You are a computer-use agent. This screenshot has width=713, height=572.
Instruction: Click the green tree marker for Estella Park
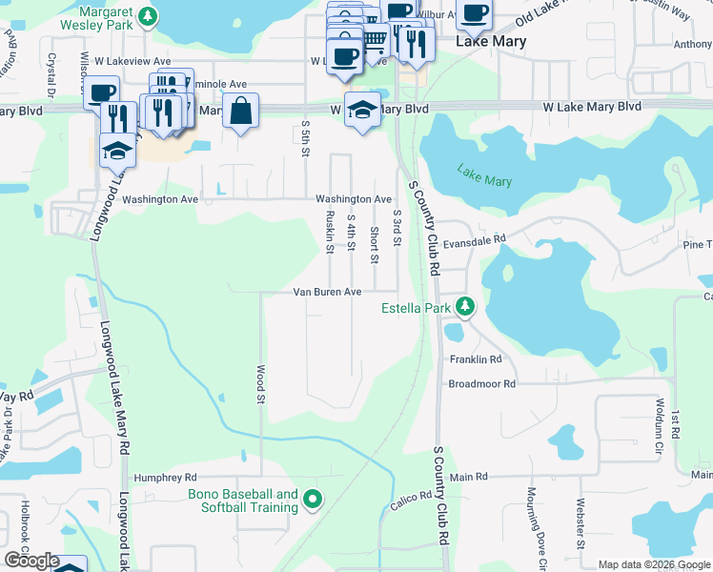click(x=464, y=307)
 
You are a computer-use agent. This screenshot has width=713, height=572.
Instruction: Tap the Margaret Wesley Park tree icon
click(x=146, y=16)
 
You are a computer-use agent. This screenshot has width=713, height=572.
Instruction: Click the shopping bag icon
click(x=241, y=110)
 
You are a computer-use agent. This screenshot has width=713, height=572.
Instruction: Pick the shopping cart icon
click(x=374, y=38)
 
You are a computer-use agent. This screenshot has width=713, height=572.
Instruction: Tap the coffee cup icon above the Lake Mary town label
click(x=474, y=13)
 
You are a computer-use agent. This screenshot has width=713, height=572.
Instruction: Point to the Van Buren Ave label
click(x=327, y=292)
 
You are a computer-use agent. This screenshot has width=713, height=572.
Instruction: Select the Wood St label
click(x=260, y=382)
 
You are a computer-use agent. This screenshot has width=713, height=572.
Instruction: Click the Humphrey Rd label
click(x=165, y=477)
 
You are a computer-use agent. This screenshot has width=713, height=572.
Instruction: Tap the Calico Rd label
click(x=412, y=500)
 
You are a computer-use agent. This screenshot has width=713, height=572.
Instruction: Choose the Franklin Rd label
click(x=475, y=359)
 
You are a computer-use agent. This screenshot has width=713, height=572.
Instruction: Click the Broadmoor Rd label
click(x=481, y=383)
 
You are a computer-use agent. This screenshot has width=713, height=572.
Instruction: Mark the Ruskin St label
click(x=330, y=233)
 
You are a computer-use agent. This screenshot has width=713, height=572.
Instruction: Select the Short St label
click(x=375, y=245)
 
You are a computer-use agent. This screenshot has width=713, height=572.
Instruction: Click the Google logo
click(x=31, y=562)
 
